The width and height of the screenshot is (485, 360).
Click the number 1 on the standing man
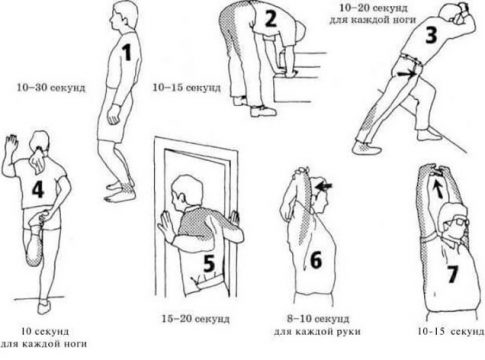click(x=127, y=53)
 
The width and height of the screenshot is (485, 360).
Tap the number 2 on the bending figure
click(x=271, y=19)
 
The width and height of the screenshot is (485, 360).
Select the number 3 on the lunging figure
click(x=431, y=36)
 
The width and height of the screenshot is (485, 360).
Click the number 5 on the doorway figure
click(x=209, y=263)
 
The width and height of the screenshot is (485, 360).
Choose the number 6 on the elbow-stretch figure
click(x=316, y=260)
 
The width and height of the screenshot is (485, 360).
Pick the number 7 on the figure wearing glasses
click(x=452, y=274)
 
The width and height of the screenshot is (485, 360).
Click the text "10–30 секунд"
click(x=51, y=88)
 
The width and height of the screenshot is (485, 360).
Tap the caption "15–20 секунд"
click(x=196, y=319)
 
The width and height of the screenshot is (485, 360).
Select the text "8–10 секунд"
click(x=318, y=319)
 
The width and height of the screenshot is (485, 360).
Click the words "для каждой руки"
click(x=317, y=332)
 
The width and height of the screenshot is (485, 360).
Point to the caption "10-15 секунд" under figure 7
click(x=451, y=331)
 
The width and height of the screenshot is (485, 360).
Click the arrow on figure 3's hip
click(x=407, y=74)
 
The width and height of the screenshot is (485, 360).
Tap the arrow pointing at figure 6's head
click(x=324, y=186)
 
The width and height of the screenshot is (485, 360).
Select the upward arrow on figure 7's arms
click(x=437, y=188)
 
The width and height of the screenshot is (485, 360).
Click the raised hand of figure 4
click(x=11, y=143)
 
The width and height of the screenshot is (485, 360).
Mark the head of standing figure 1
click(x=123, y=17)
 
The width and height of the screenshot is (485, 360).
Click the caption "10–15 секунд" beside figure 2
click(x=187, y=88)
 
